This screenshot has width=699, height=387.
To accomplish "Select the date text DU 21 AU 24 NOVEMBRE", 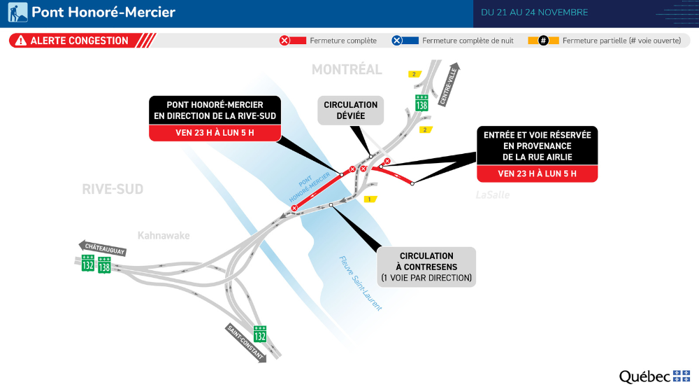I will [535, 13].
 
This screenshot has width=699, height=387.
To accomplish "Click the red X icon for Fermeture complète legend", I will [284, 41].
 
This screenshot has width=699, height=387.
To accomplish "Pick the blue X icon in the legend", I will [396, 41].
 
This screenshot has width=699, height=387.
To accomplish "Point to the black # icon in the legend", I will [542, 41].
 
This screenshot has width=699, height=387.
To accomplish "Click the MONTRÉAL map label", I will [347, 69].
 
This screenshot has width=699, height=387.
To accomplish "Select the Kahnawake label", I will [164, 236].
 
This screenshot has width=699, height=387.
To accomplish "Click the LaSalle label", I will [492, 195].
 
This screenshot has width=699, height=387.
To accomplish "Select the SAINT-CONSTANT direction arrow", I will [246, 343].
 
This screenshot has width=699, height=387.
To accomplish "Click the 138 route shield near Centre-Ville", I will [421, 103].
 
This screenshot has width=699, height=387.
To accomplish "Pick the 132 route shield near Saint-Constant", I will [260, 334].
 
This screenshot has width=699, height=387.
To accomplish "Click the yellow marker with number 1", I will [369, 199].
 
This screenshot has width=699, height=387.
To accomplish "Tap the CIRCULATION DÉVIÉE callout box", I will [350, 111].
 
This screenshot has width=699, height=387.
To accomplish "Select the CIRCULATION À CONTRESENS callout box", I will [426, 267].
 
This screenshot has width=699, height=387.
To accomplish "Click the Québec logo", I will [654, 377].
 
